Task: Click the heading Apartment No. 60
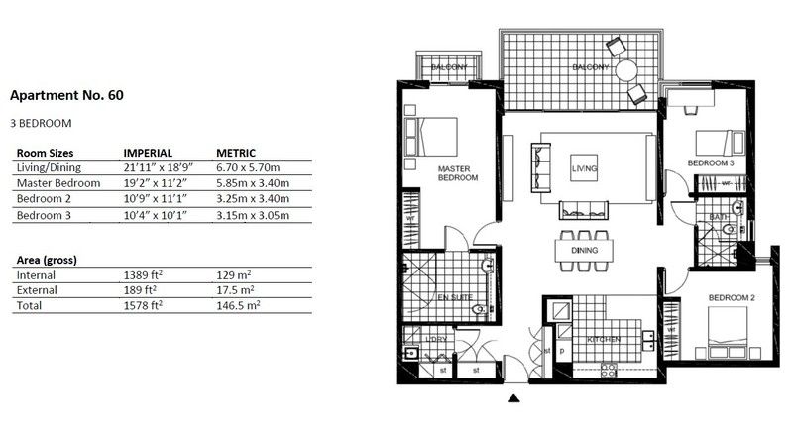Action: (65, 96)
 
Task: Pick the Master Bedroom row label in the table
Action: (58, 183)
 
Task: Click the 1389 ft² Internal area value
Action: (143, 275)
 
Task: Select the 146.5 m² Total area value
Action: (241, 306)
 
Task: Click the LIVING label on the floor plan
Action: (585, 170)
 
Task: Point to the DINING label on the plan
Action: (584, 252)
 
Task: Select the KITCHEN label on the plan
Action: (604, 340)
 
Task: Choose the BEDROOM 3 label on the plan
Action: (711, 162)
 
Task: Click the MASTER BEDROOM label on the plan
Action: (458, 173)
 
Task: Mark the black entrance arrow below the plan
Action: (513, 399)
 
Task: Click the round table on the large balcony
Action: (625, 70)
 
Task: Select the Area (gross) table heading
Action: (48, 260)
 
